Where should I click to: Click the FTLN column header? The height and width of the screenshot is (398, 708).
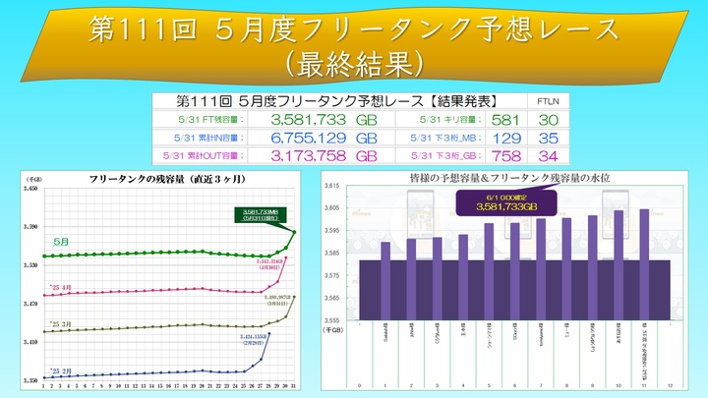(546, 101)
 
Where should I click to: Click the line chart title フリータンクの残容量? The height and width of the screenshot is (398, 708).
(165, 180)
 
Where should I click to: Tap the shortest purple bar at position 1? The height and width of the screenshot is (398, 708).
(385, 280)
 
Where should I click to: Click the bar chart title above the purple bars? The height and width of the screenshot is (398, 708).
(508, 179)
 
